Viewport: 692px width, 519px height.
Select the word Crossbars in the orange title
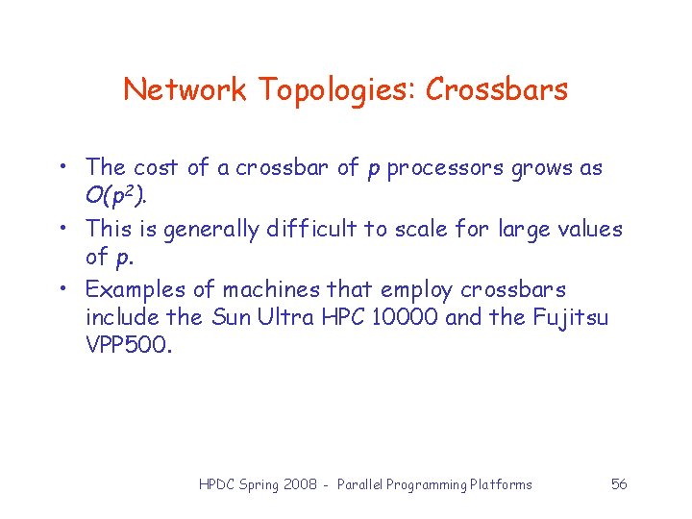[497, 90]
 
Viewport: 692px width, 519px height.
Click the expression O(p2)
[116, 198]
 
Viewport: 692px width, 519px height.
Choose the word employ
[417, 290]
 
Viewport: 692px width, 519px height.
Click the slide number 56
[619, 484]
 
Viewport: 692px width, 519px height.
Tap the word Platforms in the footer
[501, 484]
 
